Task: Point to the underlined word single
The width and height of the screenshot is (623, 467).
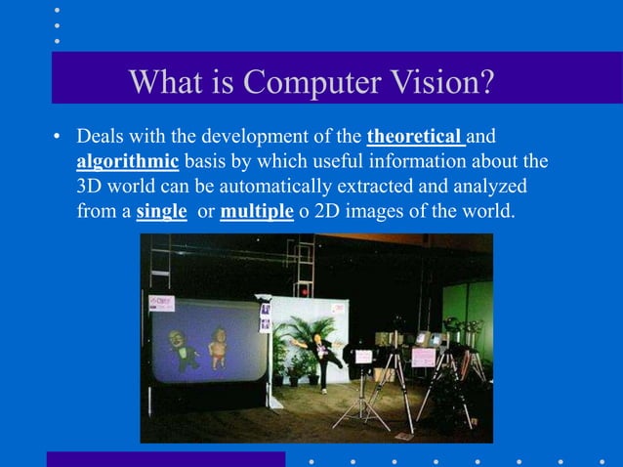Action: tap(161, 209)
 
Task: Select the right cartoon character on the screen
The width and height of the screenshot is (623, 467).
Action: tap(218, 347)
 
